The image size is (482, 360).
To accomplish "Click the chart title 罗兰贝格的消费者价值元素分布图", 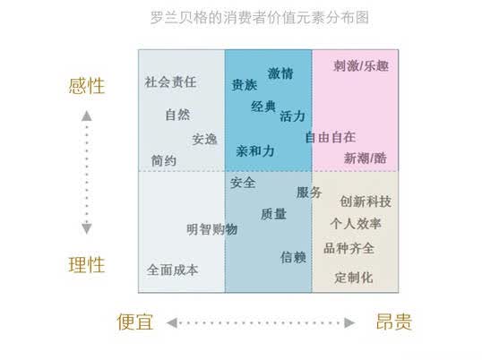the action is [260, 17].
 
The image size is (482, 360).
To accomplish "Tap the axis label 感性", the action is [87, 86].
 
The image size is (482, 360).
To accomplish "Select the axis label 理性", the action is [87, 265].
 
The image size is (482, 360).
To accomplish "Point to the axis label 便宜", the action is [135, 321].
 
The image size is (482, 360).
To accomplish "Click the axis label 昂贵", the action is [394, 321].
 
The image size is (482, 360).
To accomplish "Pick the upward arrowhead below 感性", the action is [87, 116].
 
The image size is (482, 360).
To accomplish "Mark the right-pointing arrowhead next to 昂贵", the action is [349, 322].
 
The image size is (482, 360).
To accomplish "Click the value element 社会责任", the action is [170, 82].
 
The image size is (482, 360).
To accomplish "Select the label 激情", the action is [280, 73].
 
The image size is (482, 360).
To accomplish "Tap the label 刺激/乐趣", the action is [361, 65].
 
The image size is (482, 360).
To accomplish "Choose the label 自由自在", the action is [331, 137].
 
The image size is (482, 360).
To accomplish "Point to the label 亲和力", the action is [255, 151].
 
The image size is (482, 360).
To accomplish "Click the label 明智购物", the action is [212, 229].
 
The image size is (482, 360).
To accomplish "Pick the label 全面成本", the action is [172, 270].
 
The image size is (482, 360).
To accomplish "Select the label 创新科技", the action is [366, 201].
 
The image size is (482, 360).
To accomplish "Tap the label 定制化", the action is [354, 278].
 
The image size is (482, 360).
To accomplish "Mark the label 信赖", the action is [293, 257].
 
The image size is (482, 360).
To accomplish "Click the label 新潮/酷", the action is [366, 159].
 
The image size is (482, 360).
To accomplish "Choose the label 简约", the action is [164, 160].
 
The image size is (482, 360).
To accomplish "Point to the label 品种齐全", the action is [349, 248].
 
